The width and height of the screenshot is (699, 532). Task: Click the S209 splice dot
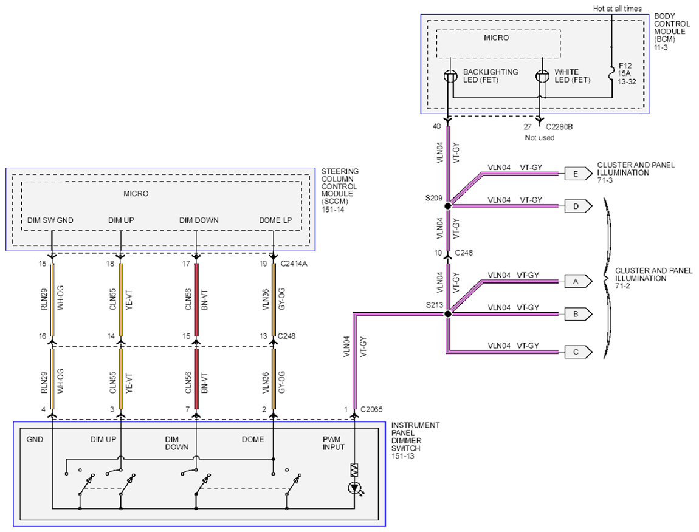(x=448, y=206)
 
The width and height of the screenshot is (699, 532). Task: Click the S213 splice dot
(x=448, y=314)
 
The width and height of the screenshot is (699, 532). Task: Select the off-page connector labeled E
(x=578, y=174)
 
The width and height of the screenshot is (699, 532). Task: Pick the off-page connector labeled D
(x=578, y=206)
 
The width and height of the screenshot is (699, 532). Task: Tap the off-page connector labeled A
(x=578, y=282)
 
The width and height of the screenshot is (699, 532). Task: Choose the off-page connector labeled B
(x=578, y=314)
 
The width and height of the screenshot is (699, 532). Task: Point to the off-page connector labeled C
(x=578, y=352)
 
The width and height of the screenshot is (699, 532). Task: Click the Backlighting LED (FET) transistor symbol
(x=450, y=77)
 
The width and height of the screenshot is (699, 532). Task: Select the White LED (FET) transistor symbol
(x=542, y=77)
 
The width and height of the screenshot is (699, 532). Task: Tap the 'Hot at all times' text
(x=618, y=9)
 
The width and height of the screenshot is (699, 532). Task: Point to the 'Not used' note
(x=539, y=138)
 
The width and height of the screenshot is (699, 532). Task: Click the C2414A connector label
(x=294, y=264)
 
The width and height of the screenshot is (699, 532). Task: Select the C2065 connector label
(x=371, y=409)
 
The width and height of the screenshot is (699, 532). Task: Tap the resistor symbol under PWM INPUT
(x=354, y=470)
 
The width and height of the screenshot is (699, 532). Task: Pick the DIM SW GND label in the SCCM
(x=50, y=220)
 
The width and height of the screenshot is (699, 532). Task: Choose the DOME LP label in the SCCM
(x=275, y=220)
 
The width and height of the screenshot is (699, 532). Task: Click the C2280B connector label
(x=559, y=127)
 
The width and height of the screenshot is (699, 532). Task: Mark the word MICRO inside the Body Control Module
(x=497, y=38)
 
